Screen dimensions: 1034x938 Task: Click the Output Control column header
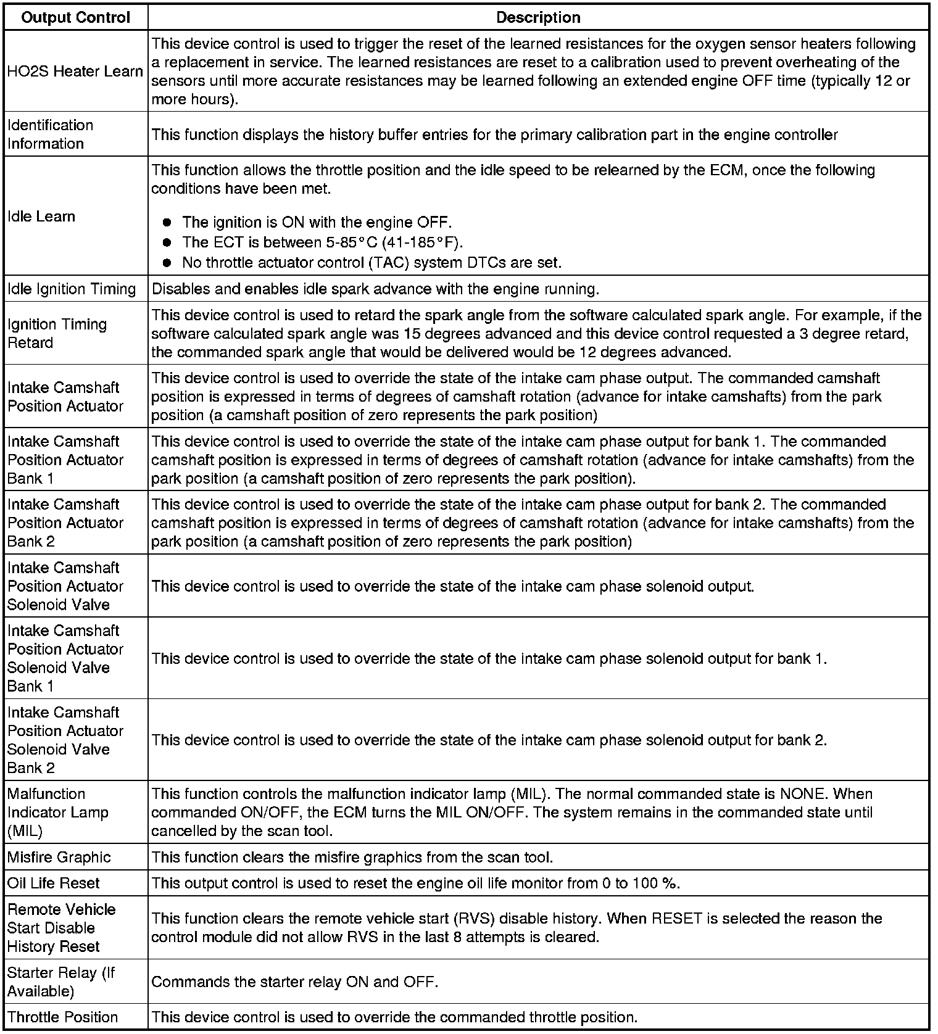[x=75, y=17]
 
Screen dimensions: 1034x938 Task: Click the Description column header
[x=538, y=17]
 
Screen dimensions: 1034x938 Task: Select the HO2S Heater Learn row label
[x=75, y=72]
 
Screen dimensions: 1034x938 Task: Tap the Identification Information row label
[x=51, y=134]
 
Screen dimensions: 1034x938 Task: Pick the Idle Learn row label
[x=41, y=217]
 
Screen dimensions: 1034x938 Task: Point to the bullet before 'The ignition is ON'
[x=167, y=223]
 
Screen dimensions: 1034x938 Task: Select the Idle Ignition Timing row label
[x=72, y=289]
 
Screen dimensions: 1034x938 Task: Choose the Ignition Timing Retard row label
[x=57, y=333]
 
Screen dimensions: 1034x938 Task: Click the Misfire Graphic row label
[x=59, y=857]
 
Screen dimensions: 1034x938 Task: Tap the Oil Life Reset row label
[x=54, y=883]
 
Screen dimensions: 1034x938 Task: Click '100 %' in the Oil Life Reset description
[x=655, y=883]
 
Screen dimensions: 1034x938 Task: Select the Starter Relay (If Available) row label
[x=61, y=982]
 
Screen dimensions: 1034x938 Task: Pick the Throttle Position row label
[x=63, y=1017]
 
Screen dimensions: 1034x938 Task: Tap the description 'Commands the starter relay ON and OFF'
[x=295, y=982]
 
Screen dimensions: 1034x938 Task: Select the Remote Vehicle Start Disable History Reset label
[x=62, y=928]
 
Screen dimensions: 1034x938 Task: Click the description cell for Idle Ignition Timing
[x=375, y=289]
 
